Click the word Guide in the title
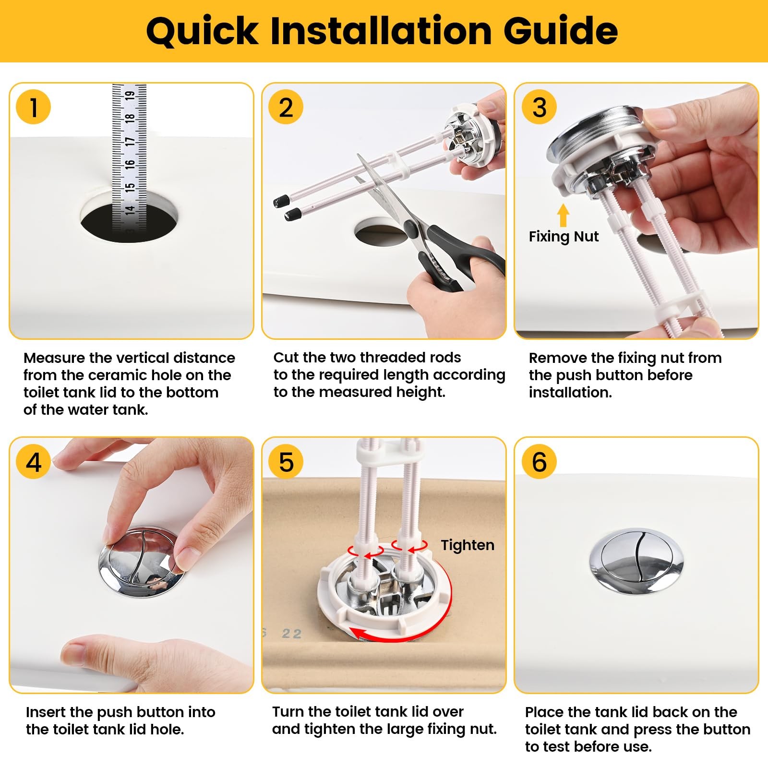pos(561,31)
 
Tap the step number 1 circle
pos(33,107)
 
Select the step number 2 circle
pos(286,107)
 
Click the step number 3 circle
pos(539,107)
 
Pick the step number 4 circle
pos(33,462)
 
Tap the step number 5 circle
pos(286,462)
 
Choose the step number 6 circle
pos(539,462)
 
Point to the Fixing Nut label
pos(564,237)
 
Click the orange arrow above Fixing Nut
pos(564,215)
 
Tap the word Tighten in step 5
pos(468,546)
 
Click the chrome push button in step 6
pos(636,561)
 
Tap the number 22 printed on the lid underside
pos(292,634)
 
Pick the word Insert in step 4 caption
pos(46,712)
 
